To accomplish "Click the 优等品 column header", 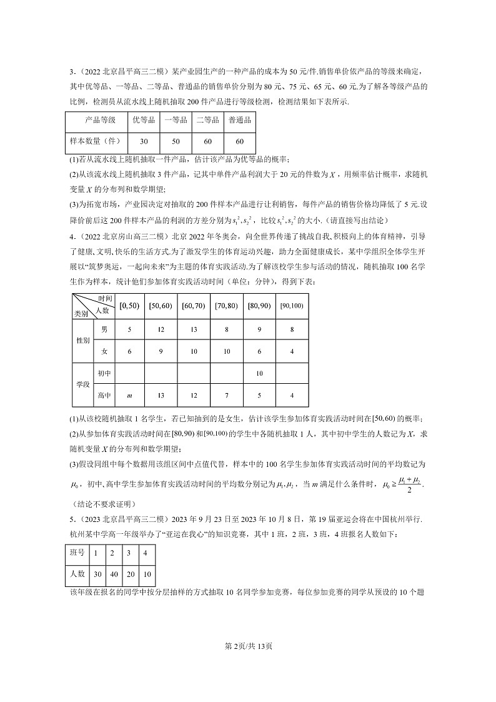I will click(144, 120).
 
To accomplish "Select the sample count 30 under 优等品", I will click(144, 142).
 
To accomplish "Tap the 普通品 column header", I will click(240, 120).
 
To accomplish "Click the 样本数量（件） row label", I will click(97, 142).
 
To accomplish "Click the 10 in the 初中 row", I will click(259, 373).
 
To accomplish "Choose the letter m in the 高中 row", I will click(129, 395).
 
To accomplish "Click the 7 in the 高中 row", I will click(226, 395).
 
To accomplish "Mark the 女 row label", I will click(104, 351).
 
